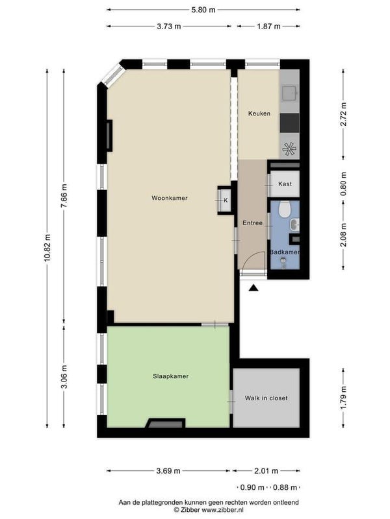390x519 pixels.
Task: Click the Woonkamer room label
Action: [x=170, y=198]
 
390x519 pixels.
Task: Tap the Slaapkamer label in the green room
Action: [x=171, y=376]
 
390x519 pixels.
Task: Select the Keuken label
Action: [x=259, y=114]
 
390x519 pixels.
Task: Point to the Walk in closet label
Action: [x=266, y=398]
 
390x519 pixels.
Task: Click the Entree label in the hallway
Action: [x=252, y=223]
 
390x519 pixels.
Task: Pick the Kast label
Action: [x=285, y=184]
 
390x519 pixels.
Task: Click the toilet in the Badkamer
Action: [x=285, y=210]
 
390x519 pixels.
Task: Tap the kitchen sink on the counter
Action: [x=289, y=93]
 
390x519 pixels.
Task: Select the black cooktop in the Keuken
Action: [x=289, y=123]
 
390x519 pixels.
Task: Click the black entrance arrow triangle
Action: [x=253, y=288]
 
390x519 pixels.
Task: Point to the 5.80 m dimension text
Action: [x=203, y=10]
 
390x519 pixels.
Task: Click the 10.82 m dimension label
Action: [x=47, y=248]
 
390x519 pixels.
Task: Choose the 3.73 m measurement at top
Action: [x=169, y=26]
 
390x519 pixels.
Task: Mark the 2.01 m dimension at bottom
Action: [x=266, y=471]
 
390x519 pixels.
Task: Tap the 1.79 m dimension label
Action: [x=344, y=398]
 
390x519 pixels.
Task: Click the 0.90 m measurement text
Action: [x=252, y=487]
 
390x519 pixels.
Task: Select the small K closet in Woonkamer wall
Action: [x=224, y=200]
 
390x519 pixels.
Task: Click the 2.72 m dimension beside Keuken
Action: [x=344, y=114]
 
